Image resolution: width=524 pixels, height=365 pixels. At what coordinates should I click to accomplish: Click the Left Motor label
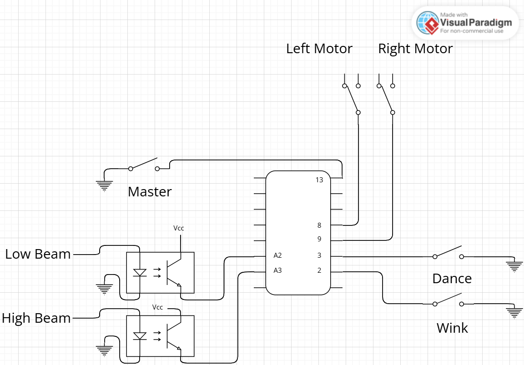pos(319,49)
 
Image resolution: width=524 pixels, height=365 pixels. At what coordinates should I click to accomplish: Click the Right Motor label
pos(415,49)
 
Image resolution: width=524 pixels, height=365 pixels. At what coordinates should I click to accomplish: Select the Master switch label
pos(150,191)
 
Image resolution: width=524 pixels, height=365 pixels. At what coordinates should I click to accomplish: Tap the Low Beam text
pos(38,254)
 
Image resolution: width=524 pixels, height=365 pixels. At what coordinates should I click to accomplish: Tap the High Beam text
pos(36,318)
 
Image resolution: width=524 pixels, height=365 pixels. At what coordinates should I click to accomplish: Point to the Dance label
pos(452,278)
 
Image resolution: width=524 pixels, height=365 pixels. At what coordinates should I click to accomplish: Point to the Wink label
pos(452,328)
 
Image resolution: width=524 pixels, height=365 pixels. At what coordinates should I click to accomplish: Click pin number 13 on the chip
pos(319,180)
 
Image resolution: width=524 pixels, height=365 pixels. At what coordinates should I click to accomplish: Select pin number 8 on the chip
pos(319,225)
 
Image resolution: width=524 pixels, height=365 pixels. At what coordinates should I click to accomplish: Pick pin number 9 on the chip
pos(319,239)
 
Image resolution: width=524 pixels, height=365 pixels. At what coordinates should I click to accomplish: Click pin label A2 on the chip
pos(277,255)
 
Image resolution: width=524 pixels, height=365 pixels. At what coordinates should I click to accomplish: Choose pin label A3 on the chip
pos(277,270)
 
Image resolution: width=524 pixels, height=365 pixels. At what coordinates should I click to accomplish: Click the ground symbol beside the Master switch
pos(104,185)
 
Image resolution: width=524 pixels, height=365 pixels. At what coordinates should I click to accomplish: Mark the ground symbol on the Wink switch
pos(514,313)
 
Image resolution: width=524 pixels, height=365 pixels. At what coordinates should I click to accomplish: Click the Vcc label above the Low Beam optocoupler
pos(179,228)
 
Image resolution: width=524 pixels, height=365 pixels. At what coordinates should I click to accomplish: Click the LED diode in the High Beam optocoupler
pos(140,336)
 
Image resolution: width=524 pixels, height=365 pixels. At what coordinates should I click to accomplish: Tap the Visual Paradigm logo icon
pos(428,23)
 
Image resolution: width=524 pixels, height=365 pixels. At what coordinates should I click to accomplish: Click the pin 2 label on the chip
pos(319,270)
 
